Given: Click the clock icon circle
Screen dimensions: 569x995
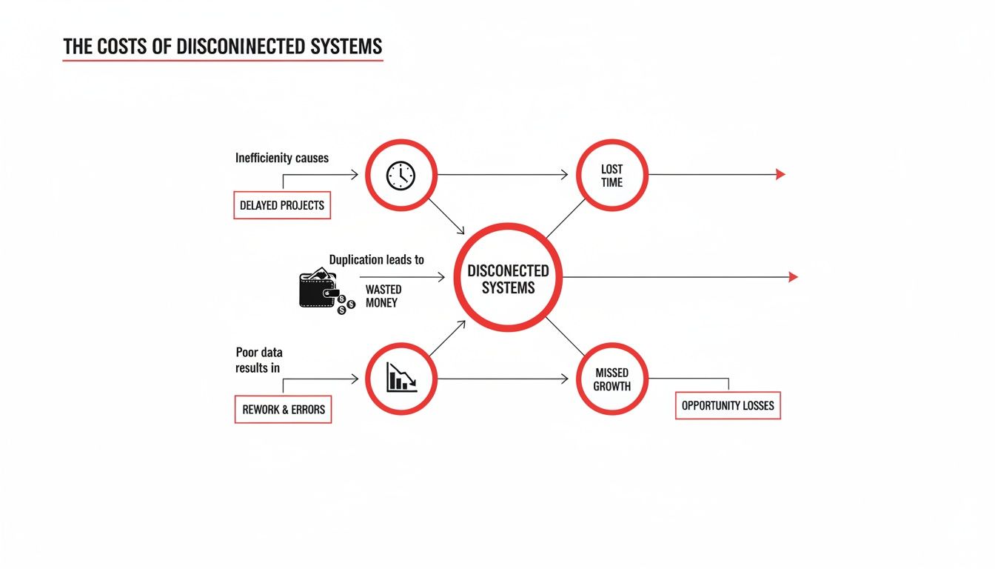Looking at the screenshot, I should tap(401, 176).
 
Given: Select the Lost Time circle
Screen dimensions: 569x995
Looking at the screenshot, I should tap(612, 176).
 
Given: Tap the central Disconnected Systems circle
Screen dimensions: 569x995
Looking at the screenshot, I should tap(508, 277).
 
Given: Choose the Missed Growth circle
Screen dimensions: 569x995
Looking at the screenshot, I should tap(612, 379).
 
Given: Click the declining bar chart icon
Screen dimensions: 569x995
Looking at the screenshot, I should tap(401, 379).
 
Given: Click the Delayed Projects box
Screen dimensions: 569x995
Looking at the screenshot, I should tap(282, 205).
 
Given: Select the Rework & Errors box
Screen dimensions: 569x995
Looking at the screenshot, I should tap(283, 409).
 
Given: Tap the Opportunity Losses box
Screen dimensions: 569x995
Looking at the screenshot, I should tap(728, 406).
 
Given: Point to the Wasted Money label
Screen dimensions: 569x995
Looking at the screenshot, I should tap(383, 296).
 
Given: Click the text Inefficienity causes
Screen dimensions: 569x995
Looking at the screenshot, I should tap(282, 158).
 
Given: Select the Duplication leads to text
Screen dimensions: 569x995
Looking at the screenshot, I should tap(376, 260).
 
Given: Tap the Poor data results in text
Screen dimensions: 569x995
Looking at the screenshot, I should tap(258, 359).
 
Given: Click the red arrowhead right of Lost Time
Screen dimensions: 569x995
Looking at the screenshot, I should tap(780, 175).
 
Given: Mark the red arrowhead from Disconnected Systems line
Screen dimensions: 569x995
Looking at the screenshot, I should tap(793, 277).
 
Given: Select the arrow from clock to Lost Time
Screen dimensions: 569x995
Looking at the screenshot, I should tap(503, 176).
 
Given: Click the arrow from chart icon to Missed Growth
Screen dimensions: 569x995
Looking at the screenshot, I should tap(503, 379).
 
